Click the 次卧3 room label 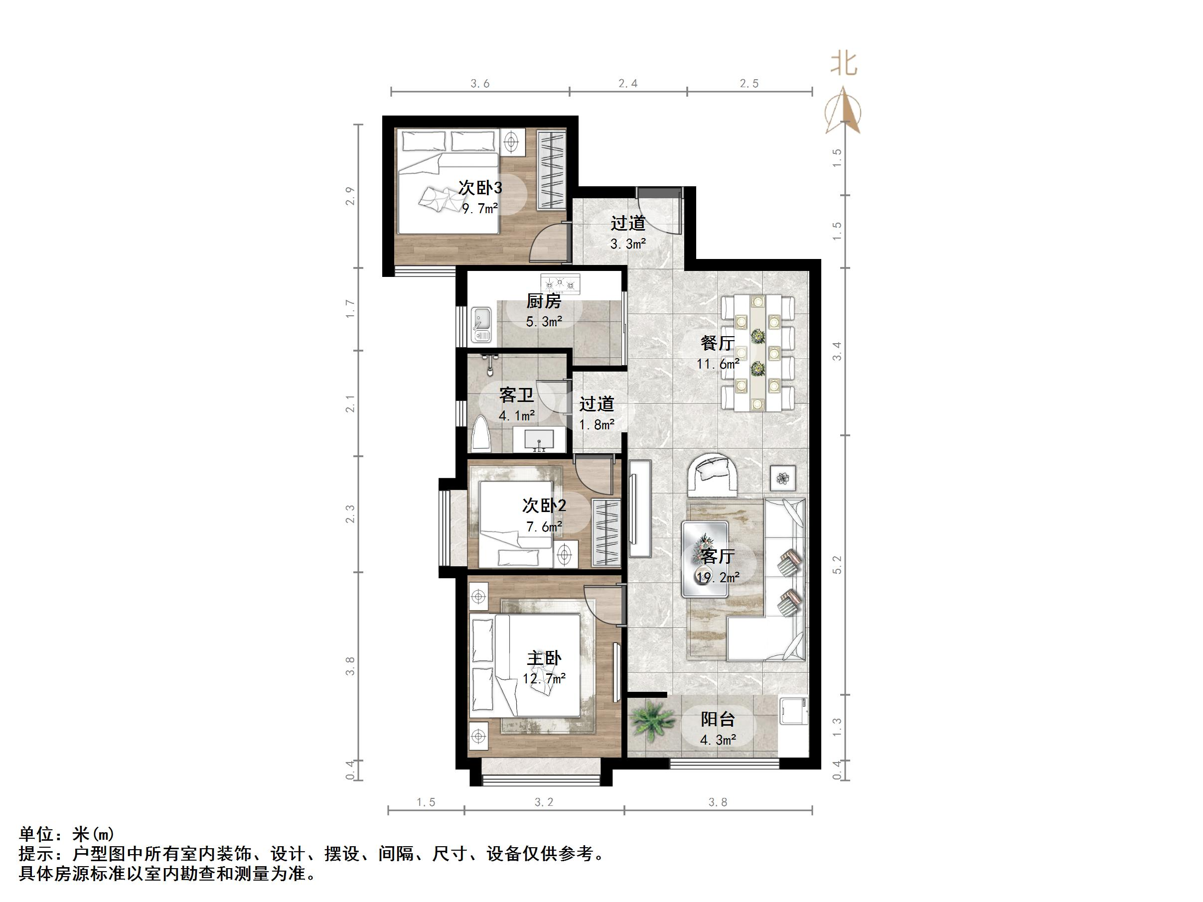tap(480, 188)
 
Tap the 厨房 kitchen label tap(543, 301)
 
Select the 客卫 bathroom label tap(516, 395)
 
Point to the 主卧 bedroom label tap(544, 658)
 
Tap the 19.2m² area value tap(718, 577)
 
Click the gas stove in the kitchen tap(560, 283)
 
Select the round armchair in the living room tap(713, 474)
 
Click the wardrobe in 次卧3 tap(552, 170)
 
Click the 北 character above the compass tap(844, 64)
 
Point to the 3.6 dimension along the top tap(480, 83)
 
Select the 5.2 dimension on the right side tap(837, 564)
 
